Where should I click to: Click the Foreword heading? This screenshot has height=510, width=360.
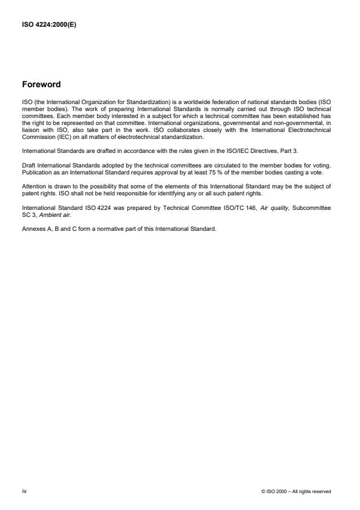[x=41, y=84]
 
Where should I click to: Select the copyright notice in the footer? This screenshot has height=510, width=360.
[x=297, y=491]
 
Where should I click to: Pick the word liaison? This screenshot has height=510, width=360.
[x=30, y=123]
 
